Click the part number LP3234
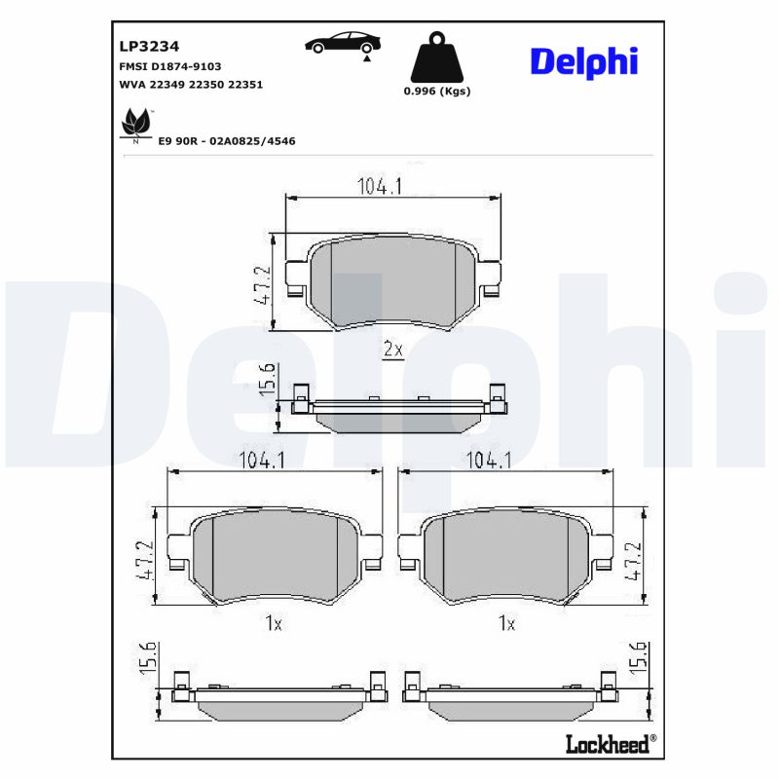tap(149, 45)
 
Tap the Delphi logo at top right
tap(583, 60)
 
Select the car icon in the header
tap(343, 43)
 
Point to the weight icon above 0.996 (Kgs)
tap(437, 60)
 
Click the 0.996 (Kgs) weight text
tap(437, 92)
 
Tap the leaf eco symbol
tap(133, 125)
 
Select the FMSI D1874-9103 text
tap(169, 66)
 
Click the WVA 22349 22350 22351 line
tap(191, 85)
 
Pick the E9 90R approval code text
tap(226, 141)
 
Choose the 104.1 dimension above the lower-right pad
tap(489, 462)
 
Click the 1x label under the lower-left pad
tap(274, 623)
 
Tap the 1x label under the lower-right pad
tap(505, 623)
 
